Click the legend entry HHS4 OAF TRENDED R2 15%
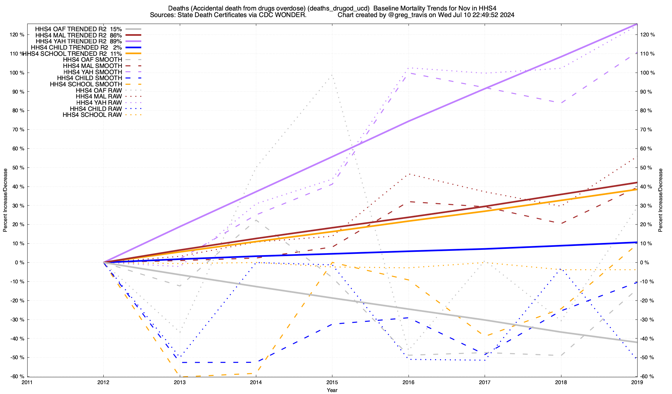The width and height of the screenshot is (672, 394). (x=78, y=29)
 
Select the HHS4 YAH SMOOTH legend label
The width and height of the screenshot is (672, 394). (x=93, y=72)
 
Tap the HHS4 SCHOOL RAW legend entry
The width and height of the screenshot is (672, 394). (x=92, y=115)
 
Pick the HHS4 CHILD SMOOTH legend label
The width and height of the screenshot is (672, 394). (x=89, y=78)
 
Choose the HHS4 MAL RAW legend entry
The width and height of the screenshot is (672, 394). (x=98, y=97)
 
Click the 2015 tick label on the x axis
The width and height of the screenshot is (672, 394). (x=332, y=382)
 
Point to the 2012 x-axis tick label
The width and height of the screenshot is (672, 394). (x=103, y=382)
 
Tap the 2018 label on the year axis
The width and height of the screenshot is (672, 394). (x=561, y=382)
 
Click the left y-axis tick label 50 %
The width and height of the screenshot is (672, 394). (x=17, y=168)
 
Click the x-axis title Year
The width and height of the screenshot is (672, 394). (x=332, y=390)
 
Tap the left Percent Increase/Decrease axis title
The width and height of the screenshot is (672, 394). (x=5, y=200)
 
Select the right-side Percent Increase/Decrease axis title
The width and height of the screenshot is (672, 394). (x=661, y=200)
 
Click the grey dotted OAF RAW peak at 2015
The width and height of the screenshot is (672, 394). (x=332, y=75)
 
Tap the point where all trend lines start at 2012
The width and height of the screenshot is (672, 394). (x=104, y=262)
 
